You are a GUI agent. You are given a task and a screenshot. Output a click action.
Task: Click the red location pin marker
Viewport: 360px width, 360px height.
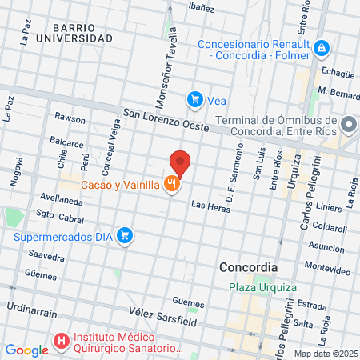pyautogui.click(x=180, y=163)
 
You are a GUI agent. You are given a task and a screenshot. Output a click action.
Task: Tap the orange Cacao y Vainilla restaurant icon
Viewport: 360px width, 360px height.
pyautogui.click(x=171, y=185)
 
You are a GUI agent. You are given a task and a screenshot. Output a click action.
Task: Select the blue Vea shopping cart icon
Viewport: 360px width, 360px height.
pyautogui.click(x=194, y=99)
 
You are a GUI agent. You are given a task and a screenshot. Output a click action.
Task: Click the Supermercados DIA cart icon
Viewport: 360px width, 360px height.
pyautogui.click(x=124, y=235)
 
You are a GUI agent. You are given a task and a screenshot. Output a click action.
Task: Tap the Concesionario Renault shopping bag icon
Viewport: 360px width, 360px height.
pyautogui.click(x=321, y=49)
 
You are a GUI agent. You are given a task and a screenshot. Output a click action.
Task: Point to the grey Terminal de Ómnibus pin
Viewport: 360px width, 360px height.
pyautogui.click(x=348, y=125)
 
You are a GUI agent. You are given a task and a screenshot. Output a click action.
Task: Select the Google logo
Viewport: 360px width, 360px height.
pyautogui.click(x=26, y=350)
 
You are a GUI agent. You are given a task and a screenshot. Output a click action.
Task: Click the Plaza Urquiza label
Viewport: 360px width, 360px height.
pyautogui.click(x=262, y=287)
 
